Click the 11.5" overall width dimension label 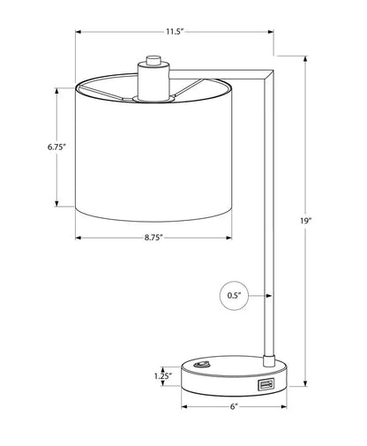coord(175,32)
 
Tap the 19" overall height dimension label coord(305,221)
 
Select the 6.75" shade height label coord(56,147)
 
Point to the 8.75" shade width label coord(154,238)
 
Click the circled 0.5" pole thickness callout coord(234,296)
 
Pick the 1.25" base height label coord(163,376)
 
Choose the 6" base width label coord(234,406)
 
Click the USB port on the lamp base coord(266,385)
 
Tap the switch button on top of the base coord(201,365)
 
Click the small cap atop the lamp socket coord(154,59)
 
